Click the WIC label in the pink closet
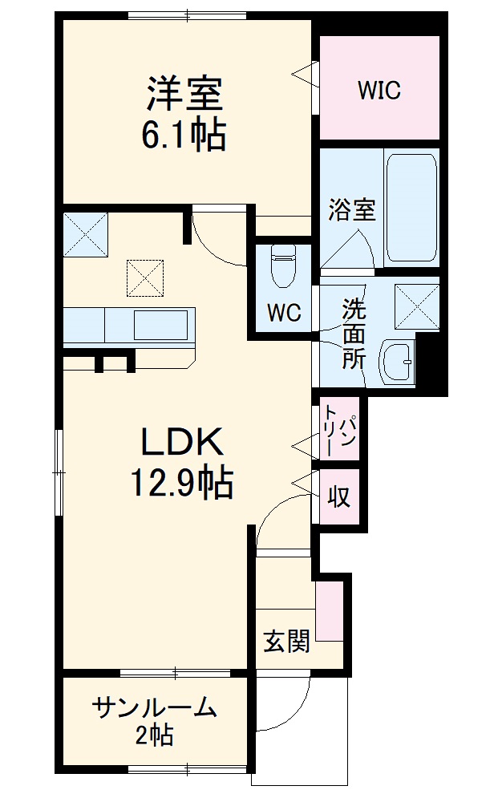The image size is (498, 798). coord(379,90)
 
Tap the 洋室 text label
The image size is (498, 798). coord(184,94)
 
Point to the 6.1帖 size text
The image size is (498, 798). coord(184,135)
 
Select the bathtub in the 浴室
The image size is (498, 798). coord(411,208)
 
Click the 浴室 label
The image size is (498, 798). coord(351,209)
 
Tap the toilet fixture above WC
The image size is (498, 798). coord(284,265)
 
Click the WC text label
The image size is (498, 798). coord(285,313)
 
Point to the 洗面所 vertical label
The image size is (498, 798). coord(354,334)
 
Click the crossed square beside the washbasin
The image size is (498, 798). coord(417,307)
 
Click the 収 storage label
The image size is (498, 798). coord(338,495)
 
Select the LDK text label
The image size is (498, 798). coord(182,441)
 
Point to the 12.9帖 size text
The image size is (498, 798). coord(182,482)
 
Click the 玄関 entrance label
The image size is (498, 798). coord(286,642)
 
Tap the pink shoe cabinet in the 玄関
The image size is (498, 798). coord(329,611)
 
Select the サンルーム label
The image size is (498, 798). coord(154,708)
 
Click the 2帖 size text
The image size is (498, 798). coord(154,735)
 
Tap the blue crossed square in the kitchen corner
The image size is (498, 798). coord(86,235)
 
